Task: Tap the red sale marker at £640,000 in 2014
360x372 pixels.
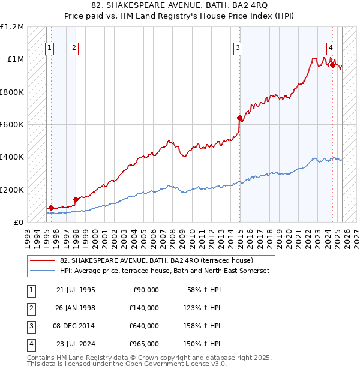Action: click(x=240, y=118)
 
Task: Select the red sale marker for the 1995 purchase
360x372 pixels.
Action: click(x=51, y=208)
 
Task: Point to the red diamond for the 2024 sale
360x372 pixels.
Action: click(x=332, y=65)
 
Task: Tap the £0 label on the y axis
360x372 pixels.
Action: click(x=18, y=223)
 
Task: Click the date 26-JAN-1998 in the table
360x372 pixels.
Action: click(x=76, y=307)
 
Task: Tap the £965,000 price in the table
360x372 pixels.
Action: click(x=143, y=344)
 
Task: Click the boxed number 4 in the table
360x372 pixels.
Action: click(x=31, y=344)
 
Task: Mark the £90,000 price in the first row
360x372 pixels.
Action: click(x=145, y=289)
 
